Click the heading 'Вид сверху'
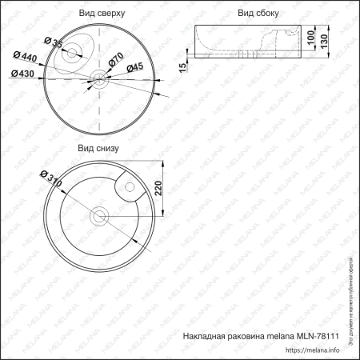point(102,14)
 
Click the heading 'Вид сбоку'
point(258,14)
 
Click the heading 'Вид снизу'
point(98,148)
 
